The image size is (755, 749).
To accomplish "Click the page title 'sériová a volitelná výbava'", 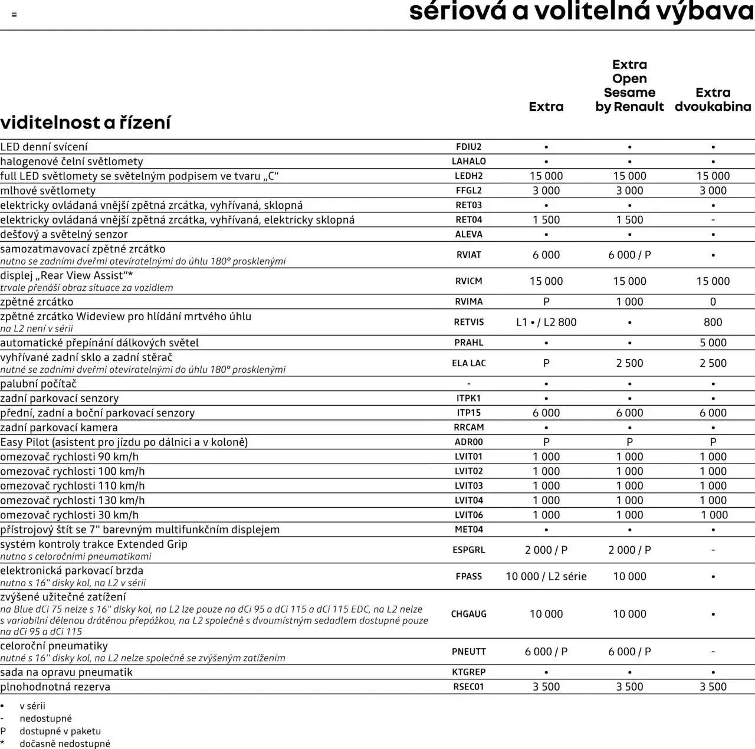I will pos(581,12).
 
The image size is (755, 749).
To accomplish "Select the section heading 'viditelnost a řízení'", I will pos(86,123).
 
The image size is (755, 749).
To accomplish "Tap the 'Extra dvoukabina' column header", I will pos(713,100).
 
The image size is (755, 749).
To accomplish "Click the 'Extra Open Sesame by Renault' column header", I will pos(629,86).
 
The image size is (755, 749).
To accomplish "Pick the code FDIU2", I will pos(468,147).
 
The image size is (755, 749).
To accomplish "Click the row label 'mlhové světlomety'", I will pos(48,190).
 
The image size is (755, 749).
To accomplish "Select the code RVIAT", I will pos(468,255).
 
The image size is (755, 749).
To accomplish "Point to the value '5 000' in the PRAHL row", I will pos(713,343).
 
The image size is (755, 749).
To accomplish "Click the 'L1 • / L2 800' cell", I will pos(546,322).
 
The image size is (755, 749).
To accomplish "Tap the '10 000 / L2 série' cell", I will pos(546,576).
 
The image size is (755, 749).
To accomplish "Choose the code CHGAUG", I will pos(468,614).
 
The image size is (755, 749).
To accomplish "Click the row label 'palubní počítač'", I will pos(38,384).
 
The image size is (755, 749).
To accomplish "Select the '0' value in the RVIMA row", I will pos(713,301).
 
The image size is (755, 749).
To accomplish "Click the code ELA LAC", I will pos(468,363).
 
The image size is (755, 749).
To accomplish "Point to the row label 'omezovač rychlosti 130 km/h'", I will pos(73,500).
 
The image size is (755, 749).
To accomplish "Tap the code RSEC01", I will pos(468,686).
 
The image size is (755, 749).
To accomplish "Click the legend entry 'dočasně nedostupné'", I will pos(65,744).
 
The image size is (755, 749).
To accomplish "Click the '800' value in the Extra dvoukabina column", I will pos(713,322).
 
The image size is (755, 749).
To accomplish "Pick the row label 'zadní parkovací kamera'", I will pos(59,428).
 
